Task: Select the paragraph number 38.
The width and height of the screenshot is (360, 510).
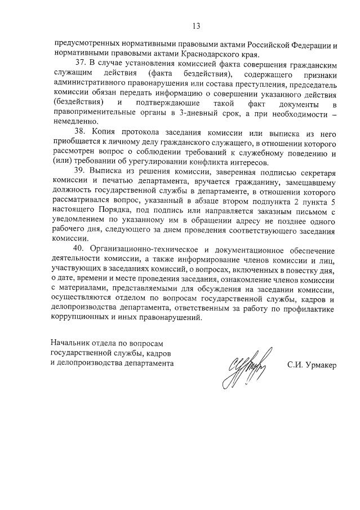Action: pyautogui.click(x=79, y=131)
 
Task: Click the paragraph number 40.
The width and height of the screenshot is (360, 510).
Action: pyautogui.click(x=79, y=250)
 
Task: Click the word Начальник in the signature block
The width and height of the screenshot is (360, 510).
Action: pyautogui.click(x=71, y=343)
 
